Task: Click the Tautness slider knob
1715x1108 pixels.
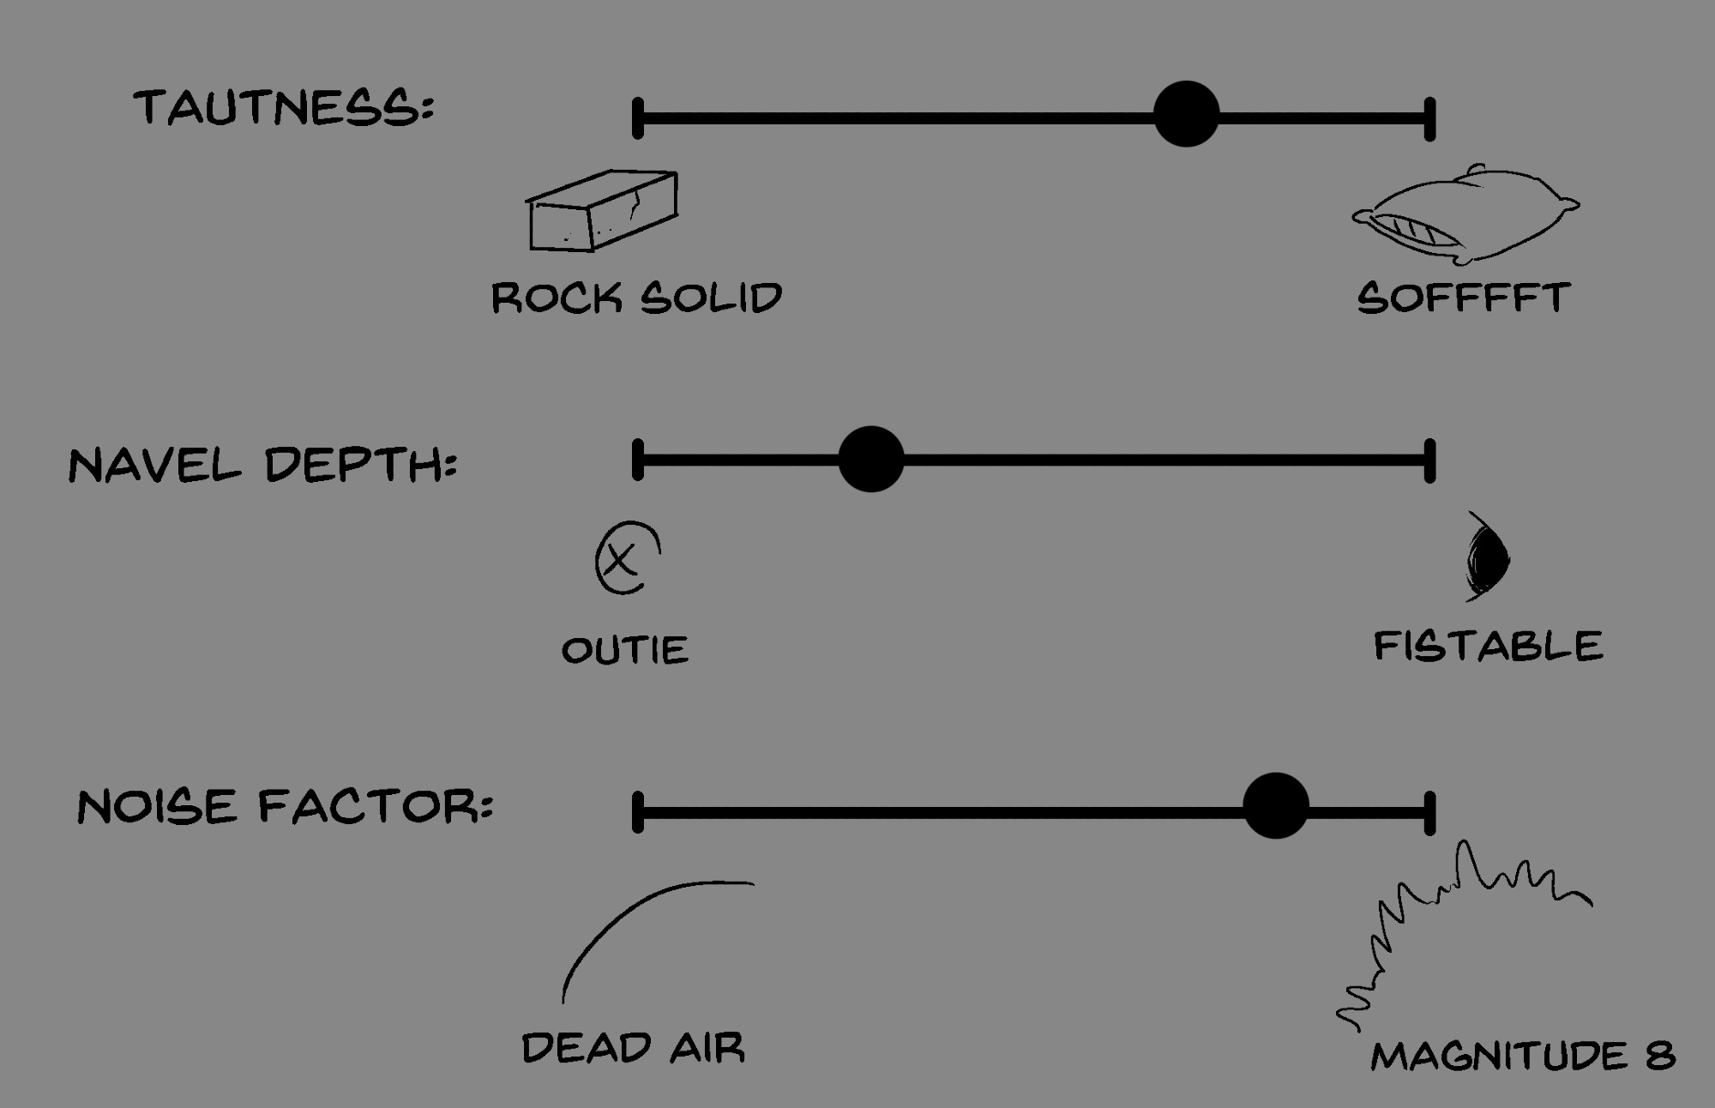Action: (x=1186, y=114)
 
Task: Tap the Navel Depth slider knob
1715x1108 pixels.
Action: (x=870, y=459)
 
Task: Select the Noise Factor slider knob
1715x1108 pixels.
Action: (x=1275, y=805)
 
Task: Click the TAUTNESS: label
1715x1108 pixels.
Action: (x=284, y=108)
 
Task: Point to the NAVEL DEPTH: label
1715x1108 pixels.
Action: (x=262, y=466)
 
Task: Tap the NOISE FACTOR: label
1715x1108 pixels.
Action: (x=285, y=807)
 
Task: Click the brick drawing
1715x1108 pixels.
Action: (x=602, y=211)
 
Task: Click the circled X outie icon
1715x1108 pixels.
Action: (x=627, y=558)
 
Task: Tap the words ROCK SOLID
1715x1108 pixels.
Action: (x=636, y=298)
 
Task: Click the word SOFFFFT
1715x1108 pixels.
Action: (x=1463, y=298)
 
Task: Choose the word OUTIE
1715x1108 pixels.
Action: (x=624, y=650)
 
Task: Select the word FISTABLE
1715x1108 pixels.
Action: (x=1488, y=646)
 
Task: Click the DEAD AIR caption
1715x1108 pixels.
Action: (x=633, y=1048)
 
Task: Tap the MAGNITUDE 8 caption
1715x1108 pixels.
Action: (x=1522, y=1056)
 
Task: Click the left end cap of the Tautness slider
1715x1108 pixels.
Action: (x=638, y=118)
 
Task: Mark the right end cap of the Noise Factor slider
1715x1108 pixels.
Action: (x=1429, y=813)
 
